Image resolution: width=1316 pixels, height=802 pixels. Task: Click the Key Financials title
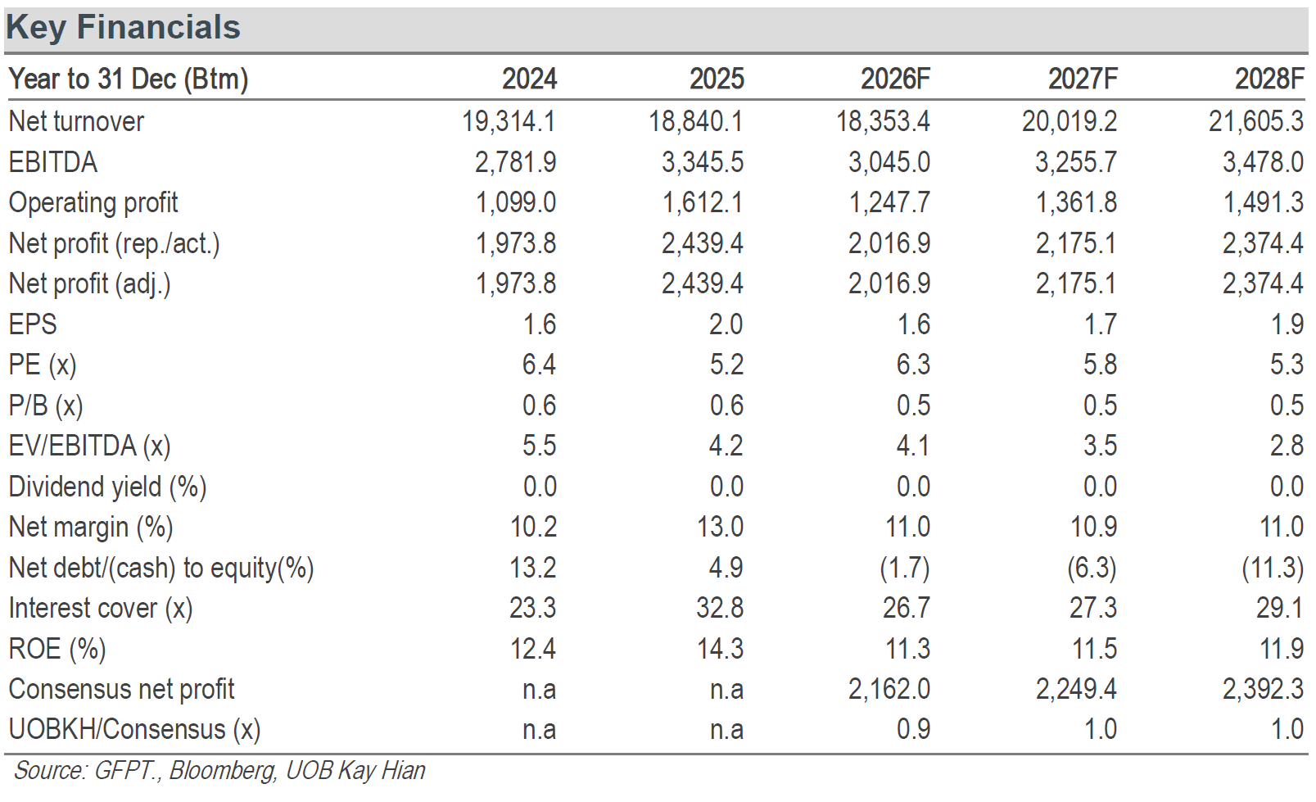tap(124, 28)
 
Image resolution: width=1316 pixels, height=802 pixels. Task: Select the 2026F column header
tap(895, 79)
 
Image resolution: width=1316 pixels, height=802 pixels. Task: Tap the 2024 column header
tap(529, 79)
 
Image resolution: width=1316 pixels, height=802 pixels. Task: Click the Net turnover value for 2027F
tap(1070, 121)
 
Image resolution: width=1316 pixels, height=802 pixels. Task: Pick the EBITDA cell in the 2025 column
tap(703, 162)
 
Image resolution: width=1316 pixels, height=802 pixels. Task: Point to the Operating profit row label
tap(93, 203)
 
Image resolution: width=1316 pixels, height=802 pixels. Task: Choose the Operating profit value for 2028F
tap(1263, 202)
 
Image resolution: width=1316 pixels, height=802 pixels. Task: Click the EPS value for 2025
tap(726, 324)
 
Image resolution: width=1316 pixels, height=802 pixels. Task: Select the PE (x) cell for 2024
tap(540, 365)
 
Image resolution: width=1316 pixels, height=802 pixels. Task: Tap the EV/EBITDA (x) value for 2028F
tap(1287, 446)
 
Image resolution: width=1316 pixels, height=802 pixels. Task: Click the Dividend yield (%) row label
tap(107, 487)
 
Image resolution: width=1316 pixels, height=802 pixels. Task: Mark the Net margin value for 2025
tap(721, 527)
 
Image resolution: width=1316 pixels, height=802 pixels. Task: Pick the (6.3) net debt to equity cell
tap(1092, 569)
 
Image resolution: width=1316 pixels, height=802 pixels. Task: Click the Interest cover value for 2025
tap(721, 608)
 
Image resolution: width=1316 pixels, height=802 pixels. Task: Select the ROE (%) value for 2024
tap(533, 649)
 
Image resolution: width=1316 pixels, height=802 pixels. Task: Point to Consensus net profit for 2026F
tap(889, 689)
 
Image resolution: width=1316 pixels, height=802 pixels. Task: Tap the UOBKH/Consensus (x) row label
tap(134, 730)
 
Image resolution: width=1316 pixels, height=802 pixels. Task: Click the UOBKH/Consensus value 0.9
tap(914, 730)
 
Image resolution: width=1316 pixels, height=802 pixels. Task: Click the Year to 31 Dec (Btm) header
tap(128, 79)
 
